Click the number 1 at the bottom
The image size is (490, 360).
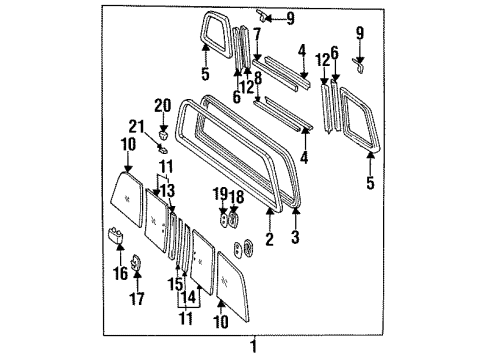(x=253, y=347)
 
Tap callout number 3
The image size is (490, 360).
(x=295, y=241)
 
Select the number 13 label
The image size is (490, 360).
(x=169, y=190)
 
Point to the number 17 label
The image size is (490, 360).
(x=137, y=299)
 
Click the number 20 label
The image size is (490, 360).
(x=163, y=103)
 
